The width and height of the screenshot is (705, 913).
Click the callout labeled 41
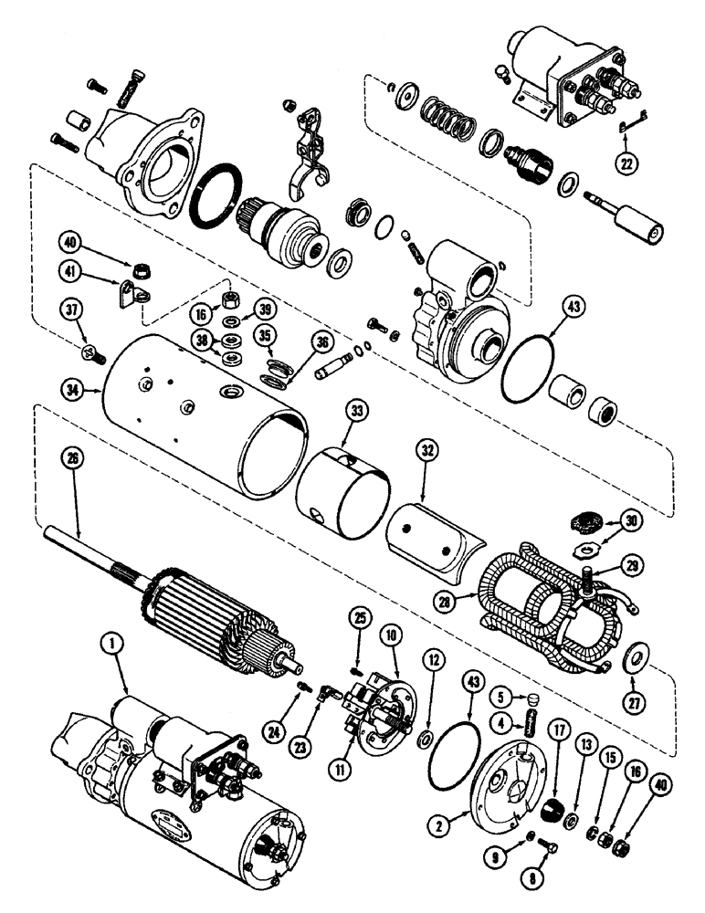pos(69,271)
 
